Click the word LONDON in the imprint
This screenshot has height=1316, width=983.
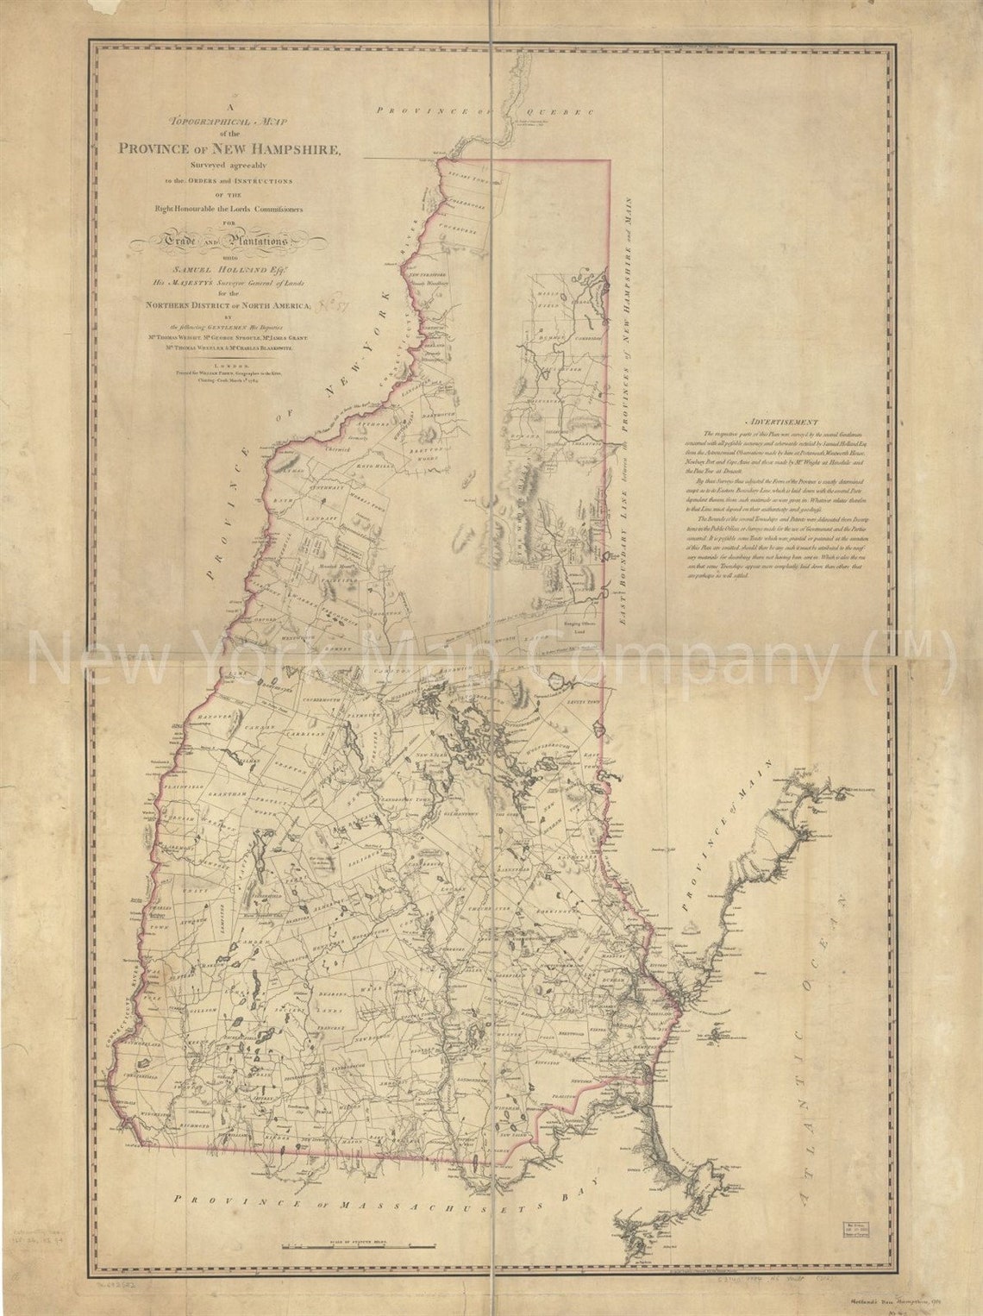229,365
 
